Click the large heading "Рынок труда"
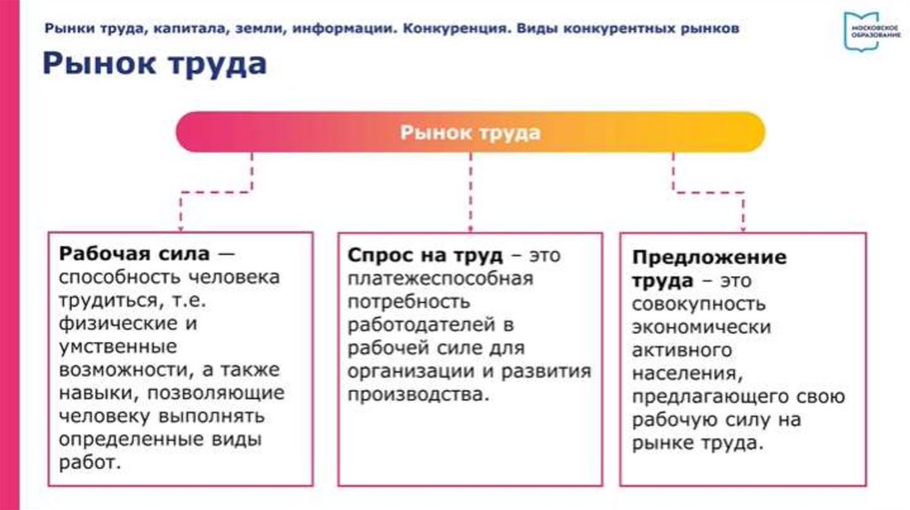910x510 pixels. pos(154,66)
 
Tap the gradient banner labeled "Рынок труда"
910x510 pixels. pos(470,133)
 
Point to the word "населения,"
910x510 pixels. pos(682,373)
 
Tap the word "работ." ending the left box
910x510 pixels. pos(89,462)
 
